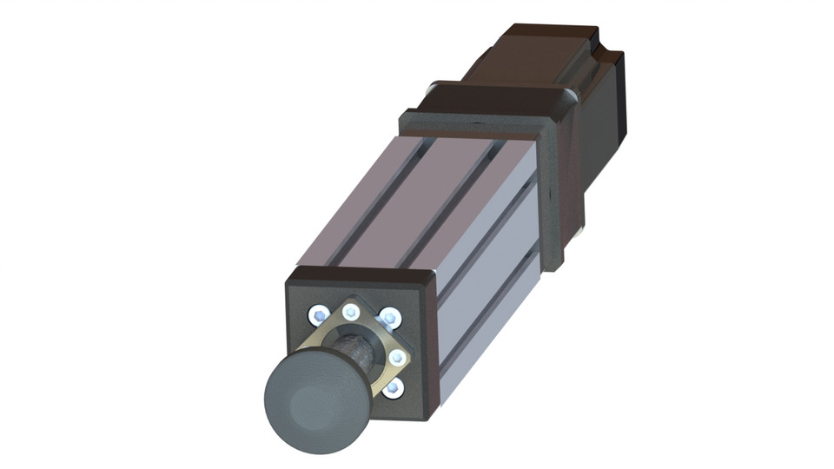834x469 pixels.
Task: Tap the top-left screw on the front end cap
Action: [x=319, y=313]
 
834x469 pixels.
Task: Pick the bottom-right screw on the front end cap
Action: [x=393, y=388]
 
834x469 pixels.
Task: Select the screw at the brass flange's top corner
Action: [x=351, y=312]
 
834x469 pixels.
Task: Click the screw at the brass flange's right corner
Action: [x=397, y=357]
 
